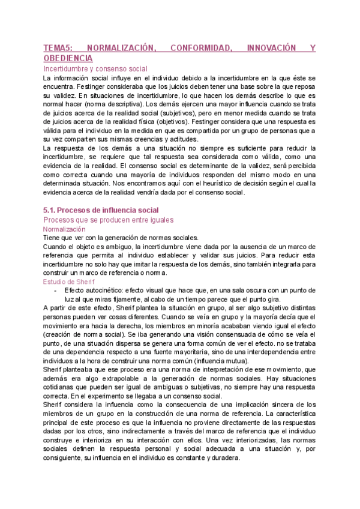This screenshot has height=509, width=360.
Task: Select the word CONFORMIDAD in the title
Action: click(202, 47)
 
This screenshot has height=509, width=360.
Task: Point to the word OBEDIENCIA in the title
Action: click(68, 58)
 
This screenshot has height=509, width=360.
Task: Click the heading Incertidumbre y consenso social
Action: click(95, 68)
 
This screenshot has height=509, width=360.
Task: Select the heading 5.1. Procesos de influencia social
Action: click(101, 209)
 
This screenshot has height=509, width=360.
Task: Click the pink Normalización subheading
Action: click(64, 229)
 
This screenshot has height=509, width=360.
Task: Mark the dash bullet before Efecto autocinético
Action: click(56, 273)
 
